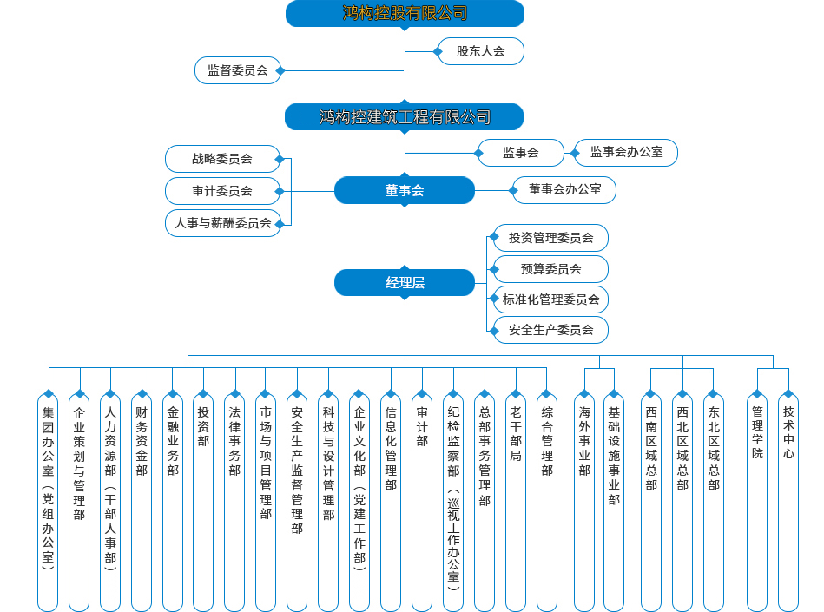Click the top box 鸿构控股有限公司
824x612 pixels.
point(405,13)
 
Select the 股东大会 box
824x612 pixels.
point(481,51)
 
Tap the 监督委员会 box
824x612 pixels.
point(237,69)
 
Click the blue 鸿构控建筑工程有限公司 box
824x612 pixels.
point(405,117)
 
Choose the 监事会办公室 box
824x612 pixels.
point(626,153)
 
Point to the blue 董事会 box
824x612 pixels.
point(405,190)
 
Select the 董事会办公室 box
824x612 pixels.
point(564,190)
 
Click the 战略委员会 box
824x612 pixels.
point(222,159)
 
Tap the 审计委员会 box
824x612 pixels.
point(222,191)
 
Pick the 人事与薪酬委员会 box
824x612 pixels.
point(222,223)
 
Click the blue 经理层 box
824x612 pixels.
point(405,283)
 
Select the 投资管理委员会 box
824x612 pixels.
point(550,238)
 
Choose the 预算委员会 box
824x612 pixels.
point(550,269)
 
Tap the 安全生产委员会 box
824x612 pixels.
point(550,330)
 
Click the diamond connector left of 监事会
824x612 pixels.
point(478,153)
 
